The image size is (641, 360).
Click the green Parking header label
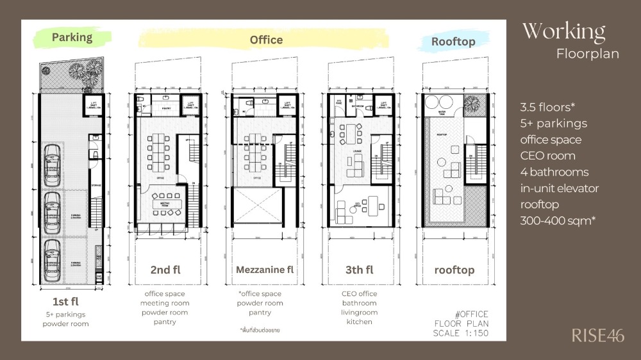72,37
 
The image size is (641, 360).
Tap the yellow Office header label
266,40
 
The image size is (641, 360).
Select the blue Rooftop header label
453,42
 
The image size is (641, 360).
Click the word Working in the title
563,31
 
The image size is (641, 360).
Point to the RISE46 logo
597,335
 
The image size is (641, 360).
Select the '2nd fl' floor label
165,270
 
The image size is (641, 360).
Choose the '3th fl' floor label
359,270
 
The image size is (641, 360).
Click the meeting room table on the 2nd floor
163,204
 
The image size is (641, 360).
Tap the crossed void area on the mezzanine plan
255,207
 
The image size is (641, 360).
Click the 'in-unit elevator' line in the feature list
559,188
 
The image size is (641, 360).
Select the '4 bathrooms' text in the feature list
554,172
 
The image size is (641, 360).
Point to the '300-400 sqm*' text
556,221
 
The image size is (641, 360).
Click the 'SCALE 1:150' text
461,332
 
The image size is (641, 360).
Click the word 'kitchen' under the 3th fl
359,322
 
